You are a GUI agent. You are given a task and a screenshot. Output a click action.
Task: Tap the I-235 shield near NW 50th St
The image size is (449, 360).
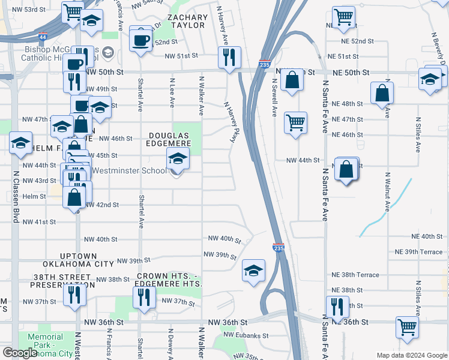coord(265,64)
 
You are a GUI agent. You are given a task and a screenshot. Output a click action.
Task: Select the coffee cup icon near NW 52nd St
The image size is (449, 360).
coord(141,41)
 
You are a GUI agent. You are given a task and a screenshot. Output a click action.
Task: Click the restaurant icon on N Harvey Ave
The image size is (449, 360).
coord(229,58)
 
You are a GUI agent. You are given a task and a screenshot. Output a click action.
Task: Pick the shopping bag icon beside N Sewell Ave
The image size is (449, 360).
coord(292,80)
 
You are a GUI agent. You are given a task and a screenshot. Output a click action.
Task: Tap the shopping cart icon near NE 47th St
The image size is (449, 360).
coord(295,123)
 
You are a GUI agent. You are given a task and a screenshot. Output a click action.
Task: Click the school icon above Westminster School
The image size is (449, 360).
coord(177,158)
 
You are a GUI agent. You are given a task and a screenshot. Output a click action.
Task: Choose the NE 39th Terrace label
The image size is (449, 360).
coord(418,252)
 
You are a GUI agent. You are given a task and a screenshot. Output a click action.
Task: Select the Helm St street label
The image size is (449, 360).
coord(34,196)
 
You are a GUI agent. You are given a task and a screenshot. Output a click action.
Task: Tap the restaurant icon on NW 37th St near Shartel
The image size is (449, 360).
coord(144,297)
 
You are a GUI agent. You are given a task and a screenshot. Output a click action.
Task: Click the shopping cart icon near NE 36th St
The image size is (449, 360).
coord(406,328)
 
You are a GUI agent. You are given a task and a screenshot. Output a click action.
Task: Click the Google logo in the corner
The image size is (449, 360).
coord(20,353)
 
